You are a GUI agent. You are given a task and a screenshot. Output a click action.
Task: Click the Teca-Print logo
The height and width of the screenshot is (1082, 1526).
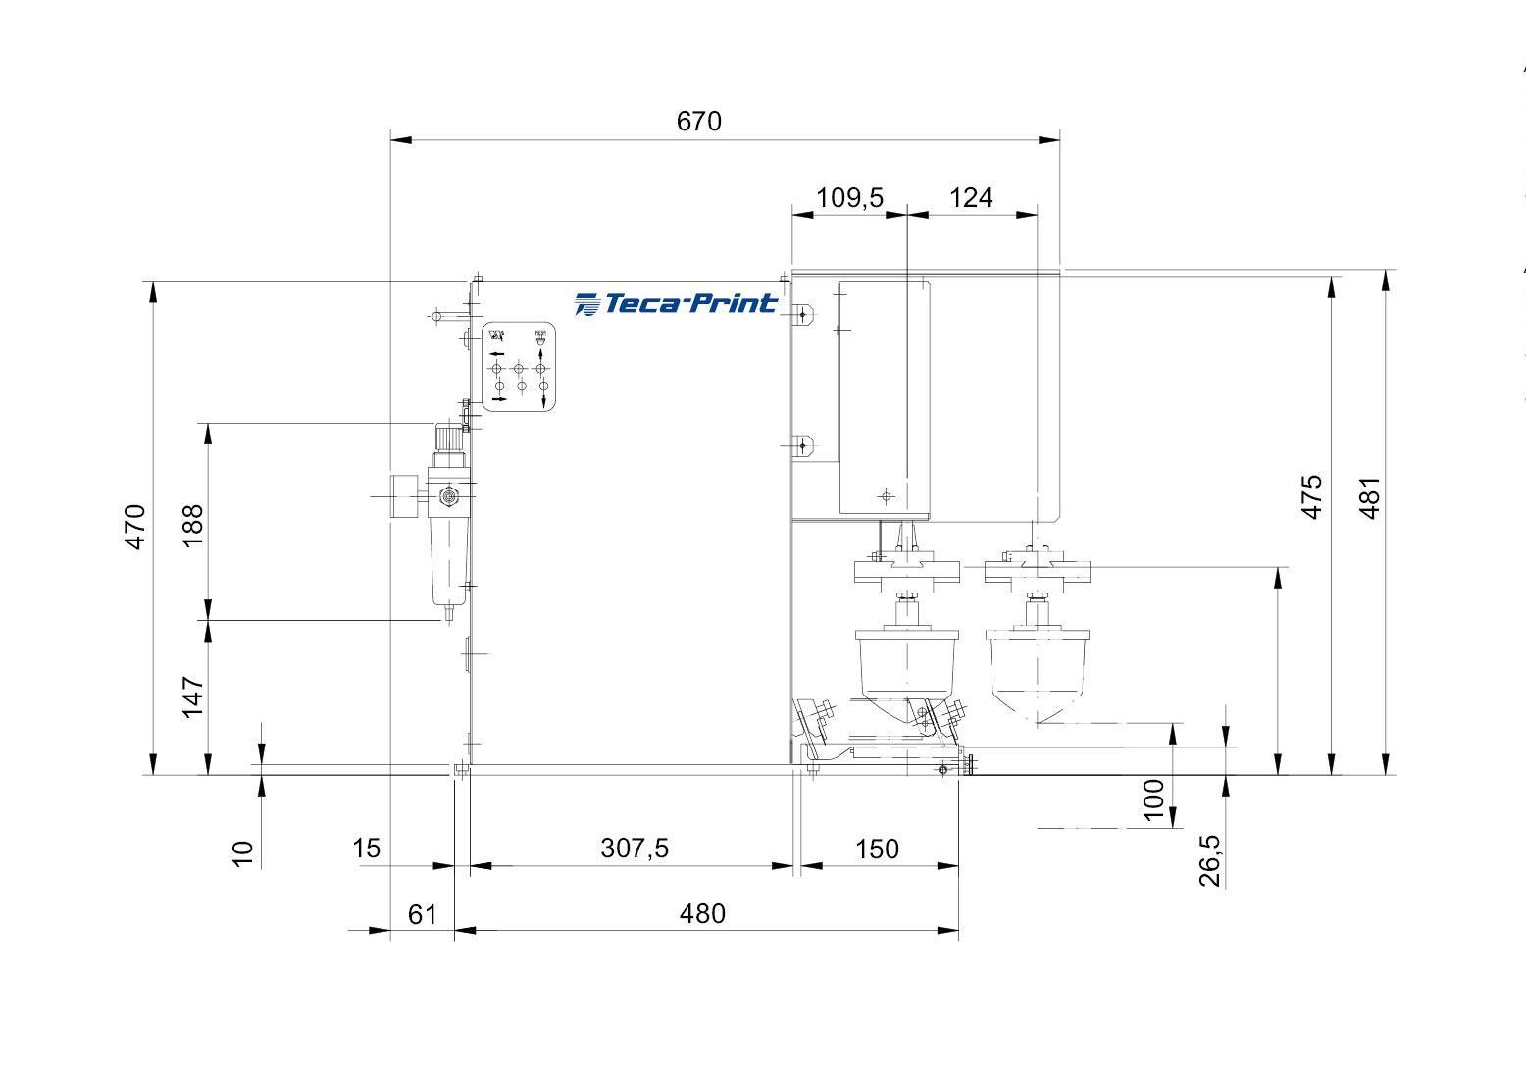tap(675, 303)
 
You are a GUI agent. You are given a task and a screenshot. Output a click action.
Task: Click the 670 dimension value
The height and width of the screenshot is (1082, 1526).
tap(699, 122)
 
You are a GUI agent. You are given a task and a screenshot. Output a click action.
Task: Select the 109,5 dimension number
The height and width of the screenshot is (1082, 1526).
tap(849, 197)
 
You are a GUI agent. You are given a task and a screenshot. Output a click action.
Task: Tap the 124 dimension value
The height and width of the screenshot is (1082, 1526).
tap(971, 197)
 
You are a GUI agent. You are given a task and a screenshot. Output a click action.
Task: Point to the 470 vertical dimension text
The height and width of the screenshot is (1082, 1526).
tap(135, 527)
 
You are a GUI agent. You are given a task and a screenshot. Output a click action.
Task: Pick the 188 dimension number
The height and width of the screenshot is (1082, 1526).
tap(193, 526)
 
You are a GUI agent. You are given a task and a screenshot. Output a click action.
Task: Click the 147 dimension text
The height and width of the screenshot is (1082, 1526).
tap(193, 697)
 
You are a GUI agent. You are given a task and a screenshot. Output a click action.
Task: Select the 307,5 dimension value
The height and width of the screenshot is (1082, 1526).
tap(635, 849)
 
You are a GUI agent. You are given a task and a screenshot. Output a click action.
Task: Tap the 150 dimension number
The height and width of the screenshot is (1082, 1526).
tap(877, 849)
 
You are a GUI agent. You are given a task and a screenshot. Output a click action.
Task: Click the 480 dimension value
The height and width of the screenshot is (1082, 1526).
tap(702, 913)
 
